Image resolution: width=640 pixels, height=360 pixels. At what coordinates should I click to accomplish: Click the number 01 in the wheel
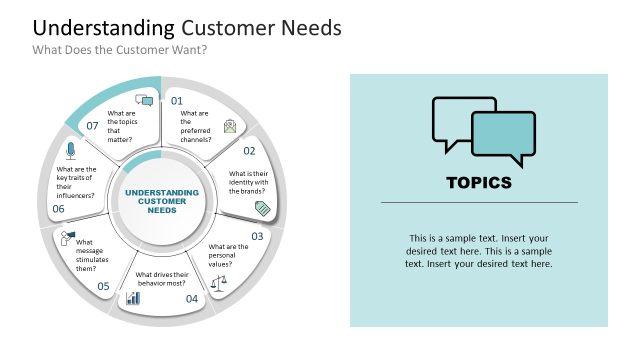pyautogui.click(x=177, y=101)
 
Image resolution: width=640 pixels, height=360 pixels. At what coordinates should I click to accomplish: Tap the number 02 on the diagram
pyautogui.click(x=249, y=151)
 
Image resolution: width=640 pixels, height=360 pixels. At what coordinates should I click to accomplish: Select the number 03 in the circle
pyautogui.click(x=257, y=236)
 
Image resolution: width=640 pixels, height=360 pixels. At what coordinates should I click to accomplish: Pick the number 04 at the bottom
pyautogui.click(x=192, y=298)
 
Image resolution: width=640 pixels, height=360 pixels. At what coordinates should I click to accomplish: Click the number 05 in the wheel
pyautogui.click(x=103, y=286)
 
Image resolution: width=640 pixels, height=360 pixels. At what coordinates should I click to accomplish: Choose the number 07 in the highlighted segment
pyautogui.click(x=92, y=126)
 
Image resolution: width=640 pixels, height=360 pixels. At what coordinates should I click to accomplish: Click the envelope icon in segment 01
pyautogui.click(x=231, y=126)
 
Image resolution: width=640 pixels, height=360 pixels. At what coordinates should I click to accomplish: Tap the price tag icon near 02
pyautogui.click(x=263, y=208)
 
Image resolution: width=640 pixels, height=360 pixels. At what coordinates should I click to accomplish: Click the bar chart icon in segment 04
pyautogui.click(x=133, y=298)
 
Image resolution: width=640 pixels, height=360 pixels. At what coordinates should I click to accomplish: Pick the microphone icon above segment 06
pyautogui.click(x=70, y=151)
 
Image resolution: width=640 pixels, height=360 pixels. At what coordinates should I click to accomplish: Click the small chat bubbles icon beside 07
pyautogui.click(x=144, y=101)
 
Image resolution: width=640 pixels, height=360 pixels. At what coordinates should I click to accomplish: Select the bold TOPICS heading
pyautogui.click(x=479, y=183)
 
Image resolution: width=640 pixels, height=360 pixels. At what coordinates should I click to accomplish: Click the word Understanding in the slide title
pyautogui.click(x=90, y=27)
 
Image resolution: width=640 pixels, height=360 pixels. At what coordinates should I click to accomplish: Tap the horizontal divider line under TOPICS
pyautogui.click(x=479, y=203)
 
